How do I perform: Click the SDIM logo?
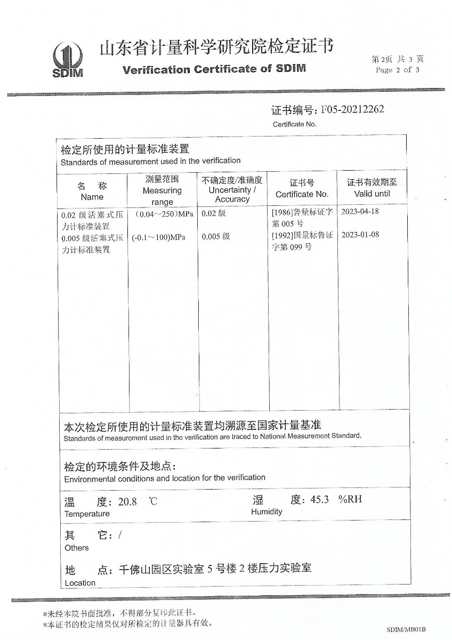coord(68,60)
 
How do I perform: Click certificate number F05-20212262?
coord(352,109)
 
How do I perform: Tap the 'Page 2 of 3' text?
coord(398,70)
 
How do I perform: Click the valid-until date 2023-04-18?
coord(360,211)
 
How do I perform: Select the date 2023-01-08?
coord(360,235)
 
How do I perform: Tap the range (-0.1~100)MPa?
coord(159,237)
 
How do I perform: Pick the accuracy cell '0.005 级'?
coord(216,236)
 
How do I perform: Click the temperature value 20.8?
coord(127,502)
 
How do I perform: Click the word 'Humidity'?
coord(267,511)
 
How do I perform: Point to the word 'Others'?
coord(77,548)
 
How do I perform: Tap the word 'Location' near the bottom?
coord(80,583)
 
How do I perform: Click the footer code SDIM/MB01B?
coord(406,630)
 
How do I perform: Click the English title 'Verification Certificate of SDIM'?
coord(214,69)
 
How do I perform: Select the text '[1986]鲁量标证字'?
coord(302,212)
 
